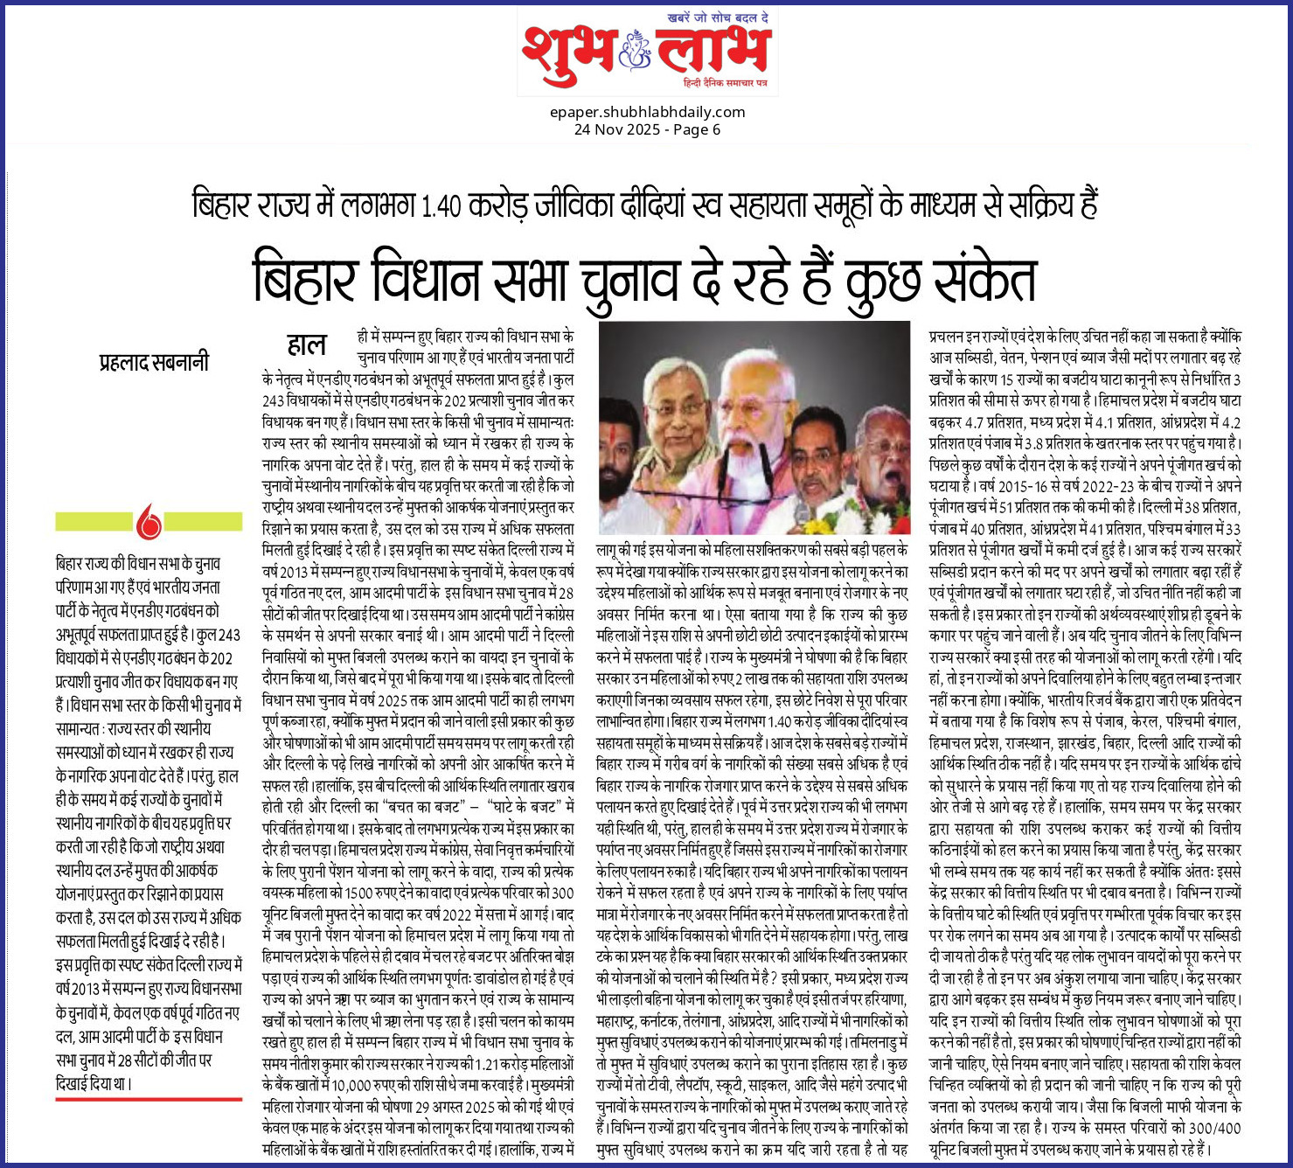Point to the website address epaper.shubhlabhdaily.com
pyautogui.click(x=647, y=112)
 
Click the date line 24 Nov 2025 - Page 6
pyautogui.click(x=647, y=129)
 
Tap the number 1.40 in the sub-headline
pyautogui.click(x=440, y=206)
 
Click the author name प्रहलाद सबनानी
pyautogui.click(x=155, y=361)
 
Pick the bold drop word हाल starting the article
pyautogui.click(x=306, y=344)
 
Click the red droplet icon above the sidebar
pyautogui.click(x=149, y=522)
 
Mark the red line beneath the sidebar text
pyautogui.click(x=149, y=1099)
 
